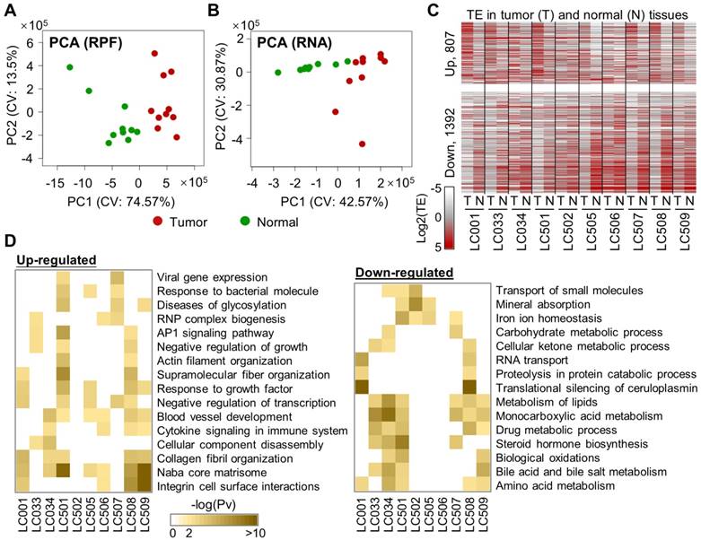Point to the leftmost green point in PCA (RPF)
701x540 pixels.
(69, 67)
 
